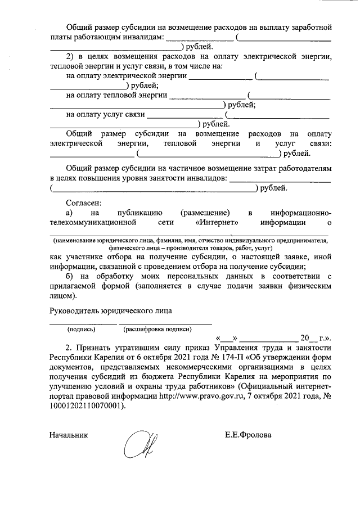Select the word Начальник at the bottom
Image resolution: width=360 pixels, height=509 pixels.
[x=69, y=435]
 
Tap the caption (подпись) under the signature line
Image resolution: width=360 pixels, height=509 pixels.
[x=81, y=329]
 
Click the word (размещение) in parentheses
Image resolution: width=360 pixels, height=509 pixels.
[x=206, y=212]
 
